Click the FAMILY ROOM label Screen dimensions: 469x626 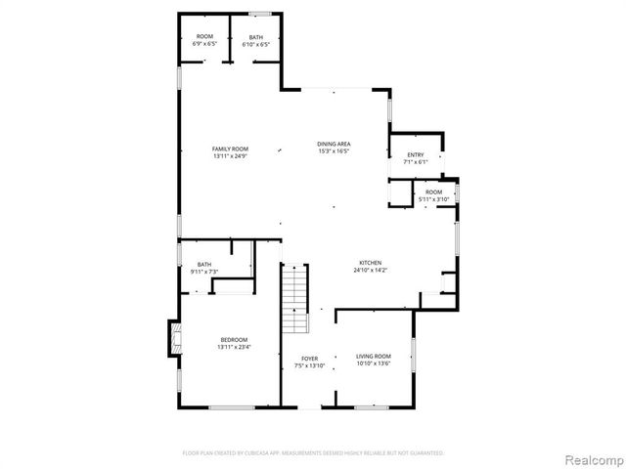click(x=230, y=149)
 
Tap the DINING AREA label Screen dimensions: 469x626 click(x=334, y=144)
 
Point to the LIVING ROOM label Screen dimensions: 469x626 click(x=373, y=357)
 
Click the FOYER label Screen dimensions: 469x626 click(x=308, y=359)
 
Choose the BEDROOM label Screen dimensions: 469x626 click(x=234, y=339)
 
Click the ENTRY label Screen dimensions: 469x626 click(x=416, y=154)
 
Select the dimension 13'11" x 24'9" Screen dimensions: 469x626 click(x=230, y=156)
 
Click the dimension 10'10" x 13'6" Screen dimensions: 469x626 click(x=373, y=364)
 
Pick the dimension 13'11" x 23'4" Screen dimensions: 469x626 click(x=234, y=347)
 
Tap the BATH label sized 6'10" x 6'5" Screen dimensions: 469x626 click(x=255, y=37)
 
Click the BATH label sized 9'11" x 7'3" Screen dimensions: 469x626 click(x=204, y=264)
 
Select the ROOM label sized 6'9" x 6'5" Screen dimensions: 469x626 click(x=204, y=37)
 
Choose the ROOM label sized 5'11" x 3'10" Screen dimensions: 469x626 click(x=433, y=192)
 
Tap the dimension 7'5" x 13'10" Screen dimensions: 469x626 click(x=308, y=366)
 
